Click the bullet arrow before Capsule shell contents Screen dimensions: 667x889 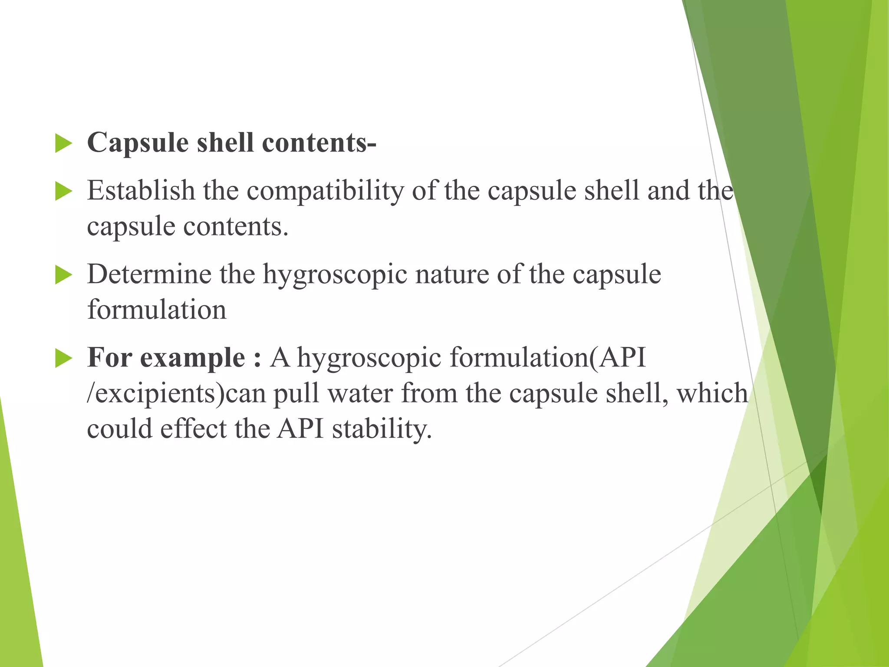tap(63, 144)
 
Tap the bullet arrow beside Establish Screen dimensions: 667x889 tap(63, 192)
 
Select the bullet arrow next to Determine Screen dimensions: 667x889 tap(63, 275)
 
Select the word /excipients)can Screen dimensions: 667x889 tap(176, 394)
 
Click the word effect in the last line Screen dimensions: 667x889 tap(193, 429)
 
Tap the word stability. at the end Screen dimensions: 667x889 tap(382, 429)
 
